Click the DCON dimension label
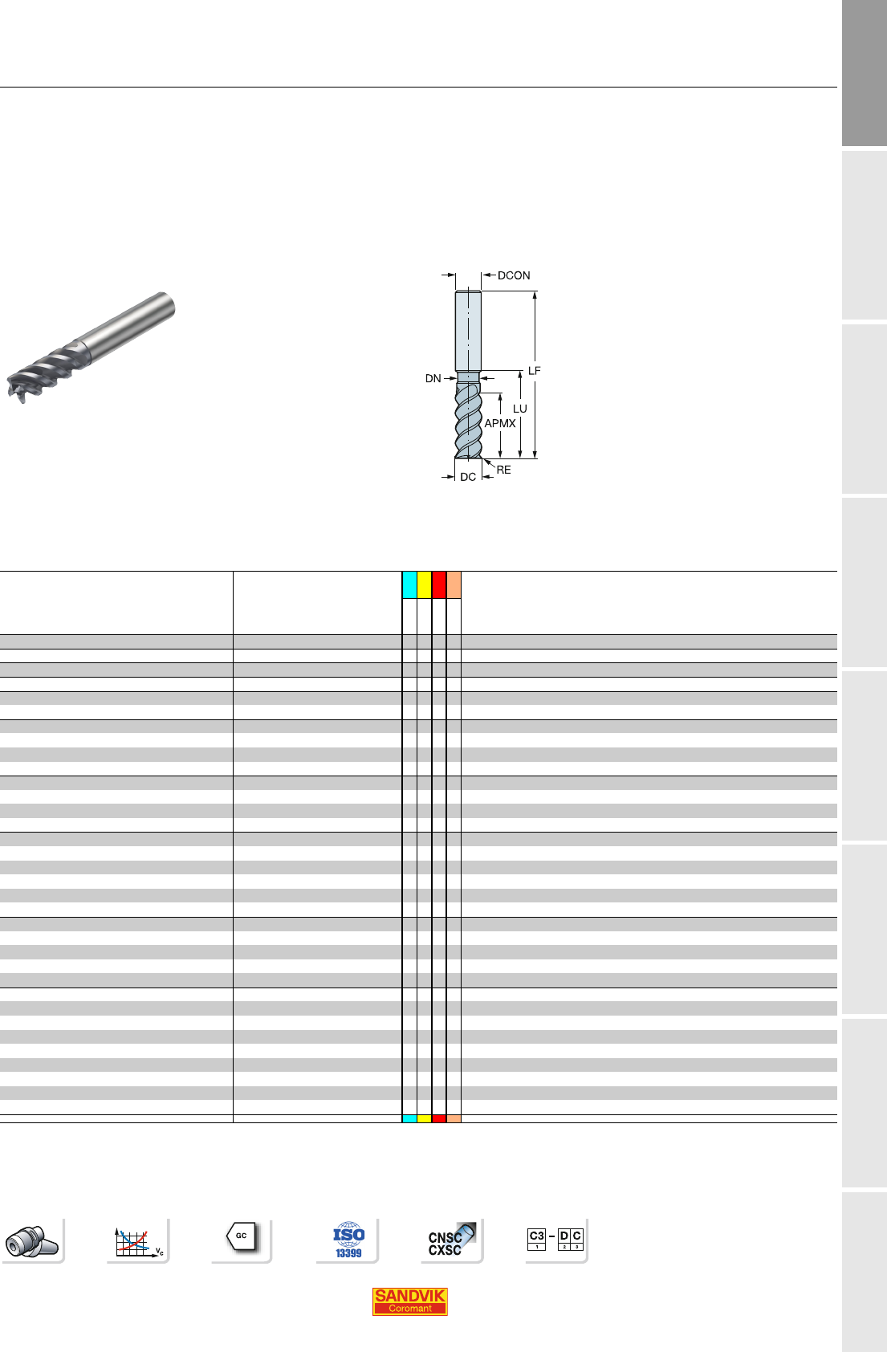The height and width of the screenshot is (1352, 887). pyautogui.click(x=514, y=275)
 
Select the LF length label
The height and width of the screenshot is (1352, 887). pyautogui.click(x=534, y=371)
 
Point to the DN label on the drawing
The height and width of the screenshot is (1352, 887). pyautogui.click(x=433, y=378)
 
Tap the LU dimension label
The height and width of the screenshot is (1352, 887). pyautogui.click(x=519, y=409)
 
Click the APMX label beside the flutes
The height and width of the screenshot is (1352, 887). pyautogui.click(x=499, y=423)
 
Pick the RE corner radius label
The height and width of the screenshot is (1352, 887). pyautogui.click(x=503, y=470)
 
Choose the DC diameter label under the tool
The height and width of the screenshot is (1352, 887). pyautogui.click(x=468, y=477)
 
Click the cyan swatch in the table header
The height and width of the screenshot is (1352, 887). pyautogui.click(x=409, y=584)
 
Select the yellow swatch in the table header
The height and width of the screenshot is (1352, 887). pyautogui.click(x=424, y=584)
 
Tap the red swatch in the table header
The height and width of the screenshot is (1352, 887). pyautogui.click(x=438, y=584)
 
